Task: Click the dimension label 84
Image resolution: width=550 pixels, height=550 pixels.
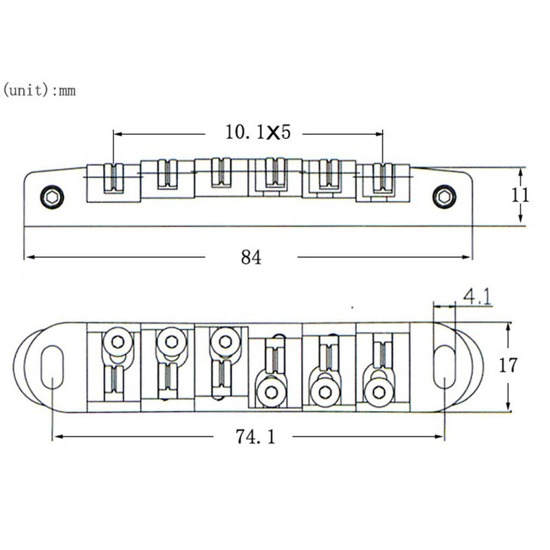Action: tap(251, 258)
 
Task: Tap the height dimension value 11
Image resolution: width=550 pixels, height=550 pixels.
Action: tap(520, 195)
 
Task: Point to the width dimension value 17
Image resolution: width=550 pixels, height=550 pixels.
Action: tap(508, 365)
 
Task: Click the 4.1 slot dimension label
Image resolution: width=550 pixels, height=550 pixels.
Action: tap(476, 296)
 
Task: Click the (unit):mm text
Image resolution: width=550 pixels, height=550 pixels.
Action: tap(40, 90)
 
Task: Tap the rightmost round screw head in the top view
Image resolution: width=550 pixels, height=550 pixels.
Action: tap(376, 392)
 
